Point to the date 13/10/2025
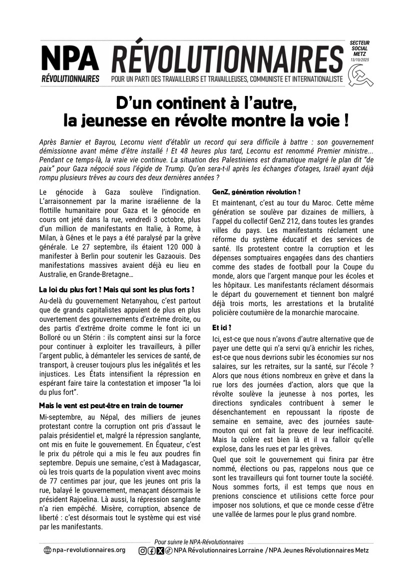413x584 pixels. [360, 59]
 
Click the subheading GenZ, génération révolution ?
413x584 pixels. [256, 192]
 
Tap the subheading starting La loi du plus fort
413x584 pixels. [116, 290]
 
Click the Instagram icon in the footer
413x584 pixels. [142, 551]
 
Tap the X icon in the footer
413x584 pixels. [160, 551]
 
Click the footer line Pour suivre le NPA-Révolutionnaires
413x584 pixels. [199, 542]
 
